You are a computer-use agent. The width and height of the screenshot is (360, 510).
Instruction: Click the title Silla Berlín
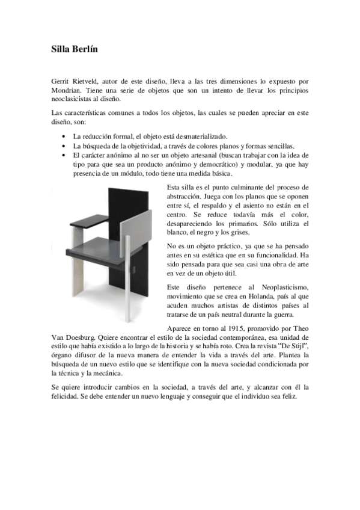[74, 49]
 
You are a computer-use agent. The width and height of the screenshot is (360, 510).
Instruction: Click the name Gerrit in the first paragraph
[61, 80]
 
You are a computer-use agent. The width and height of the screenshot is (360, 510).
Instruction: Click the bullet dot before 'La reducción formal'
[64, 137]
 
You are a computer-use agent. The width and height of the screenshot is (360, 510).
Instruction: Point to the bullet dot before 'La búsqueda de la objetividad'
[64, 146]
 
